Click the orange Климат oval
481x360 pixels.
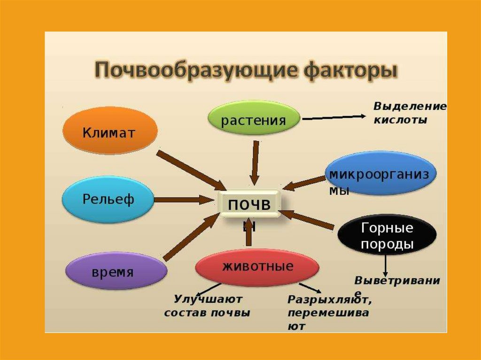[109, 131]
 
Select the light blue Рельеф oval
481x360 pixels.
[109, 199]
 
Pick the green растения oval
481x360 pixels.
[254, 120]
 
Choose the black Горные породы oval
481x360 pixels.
[387, 236]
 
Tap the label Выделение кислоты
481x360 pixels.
[409, 113]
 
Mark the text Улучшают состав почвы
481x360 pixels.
[207, 306]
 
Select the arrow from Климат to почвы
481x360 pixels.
[191, 169]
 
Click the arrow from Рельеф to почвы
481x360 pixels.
[183, 199]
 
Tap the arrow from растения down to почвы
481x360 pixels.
[255, 162]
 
